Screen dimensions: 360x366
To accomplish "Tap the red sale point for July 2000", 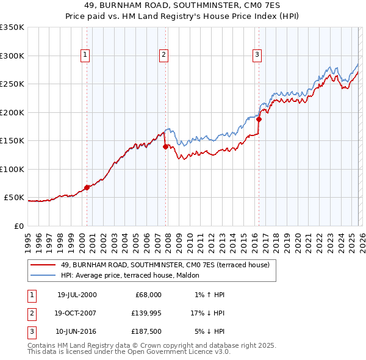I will [87, 187].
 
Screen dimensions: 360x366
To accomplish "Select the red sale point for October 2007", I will [165, 146].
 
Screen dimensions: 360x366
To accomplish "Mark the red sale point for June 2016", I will [259, 120].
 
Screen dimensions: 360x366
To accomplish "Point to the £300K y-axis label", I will [12, 56].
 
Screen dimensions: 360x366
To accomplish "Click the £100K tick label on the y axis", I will [12, 169].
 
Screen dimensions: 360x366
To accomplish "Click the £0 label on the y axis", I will [18, 226].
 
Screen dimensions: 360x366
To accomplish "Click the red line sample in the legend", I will [44, 264].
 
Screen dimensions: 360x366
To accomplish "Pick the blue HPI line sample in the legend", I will [44, 275].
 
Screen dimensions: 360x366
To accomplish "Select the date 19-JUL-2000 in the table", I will [76, 295].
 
